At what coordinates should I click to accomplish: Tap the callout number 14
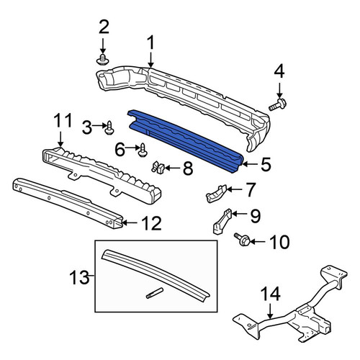point(271,294)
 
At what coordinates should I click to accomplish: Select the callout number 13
point(79,277)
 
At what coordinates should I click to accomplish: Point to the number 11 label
point(63,121)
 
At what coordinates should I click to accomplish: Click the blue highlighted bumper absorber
point(186,140)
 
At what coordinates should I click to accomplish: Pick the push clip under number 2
point(103,60)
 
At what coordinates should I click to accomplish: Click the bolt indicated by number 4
point(278,105)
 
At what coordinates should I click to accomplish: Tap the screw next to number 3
point(109,128)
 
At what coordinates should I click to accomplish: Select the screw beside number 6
point(143,150)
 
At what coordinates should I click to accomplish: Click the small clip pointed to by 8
point(158,167)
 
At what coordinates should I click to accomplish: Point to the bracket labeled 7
point(216,194)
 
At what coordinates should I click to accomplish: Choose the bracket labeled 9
point(222,222)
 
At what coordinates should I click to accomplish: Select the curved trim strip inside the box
point(156,275)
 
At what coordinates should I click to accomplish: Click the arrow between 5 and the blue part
point(250,164)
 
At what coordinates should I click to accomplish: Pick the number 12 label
point(151,223)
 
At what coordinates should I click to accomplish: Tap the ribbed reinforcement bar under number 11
point(102,176)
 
